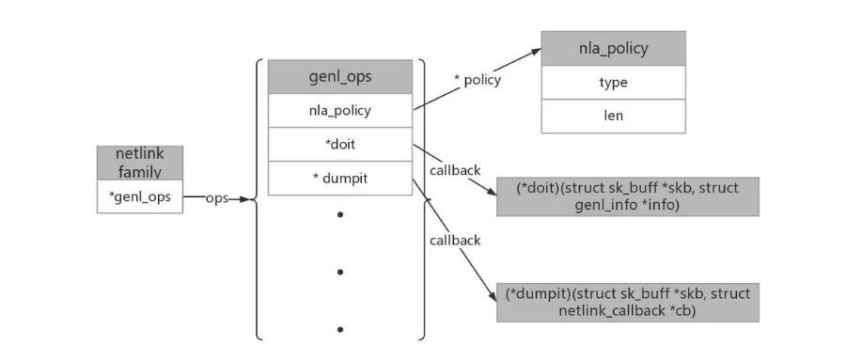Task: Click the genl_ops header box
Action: [339, 77]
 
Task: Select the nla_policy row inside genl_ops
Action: [339, 110]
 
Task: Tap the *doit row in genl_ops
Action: [339, 144]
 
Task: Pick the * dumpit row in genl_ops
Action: [339, 178]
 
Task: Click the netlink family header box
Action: [140, 163]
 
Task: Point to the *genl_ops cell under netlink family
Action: [140, 196]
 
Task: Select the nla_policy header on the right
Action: [613, 49]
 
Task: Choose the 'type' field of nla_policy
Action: [613, 83]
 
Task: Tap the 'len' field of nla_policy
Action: [613, 116]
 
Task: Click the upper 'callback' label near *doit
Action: [455, 170]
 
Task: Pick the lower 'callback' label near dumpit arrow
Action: [455, 240]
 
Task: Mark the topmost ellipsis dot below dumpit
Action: [339, 215]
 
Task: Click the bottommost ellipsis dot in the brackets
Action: [339, 329]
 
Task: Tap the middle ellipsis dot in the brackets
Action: [339, 272]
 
